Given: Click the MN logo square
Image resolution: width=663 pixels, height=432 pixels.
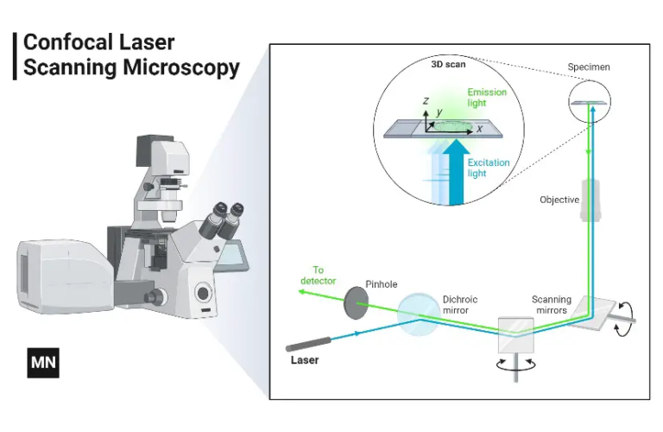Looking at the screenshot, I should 42,364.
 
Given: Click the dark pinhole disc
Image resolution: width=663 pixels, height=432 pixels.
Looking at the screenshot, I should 356,299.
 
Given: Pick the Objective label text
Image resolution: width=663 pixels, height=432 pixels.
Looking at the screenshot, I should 559,200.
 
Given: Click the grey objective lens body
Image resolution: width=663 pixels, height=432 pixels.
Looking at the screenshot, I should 591,200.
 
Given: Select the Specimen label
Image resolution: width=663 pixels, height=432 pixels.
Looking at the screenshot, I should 587,67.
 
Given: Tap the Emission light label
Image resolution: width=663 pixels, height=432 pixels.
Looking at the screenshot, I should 487,97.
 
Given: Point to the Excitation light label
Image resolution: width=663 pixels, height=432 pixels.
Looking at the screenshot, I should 488,168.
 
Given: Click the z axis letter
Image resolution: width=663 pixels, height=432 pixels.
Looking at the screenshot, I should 426,101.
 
